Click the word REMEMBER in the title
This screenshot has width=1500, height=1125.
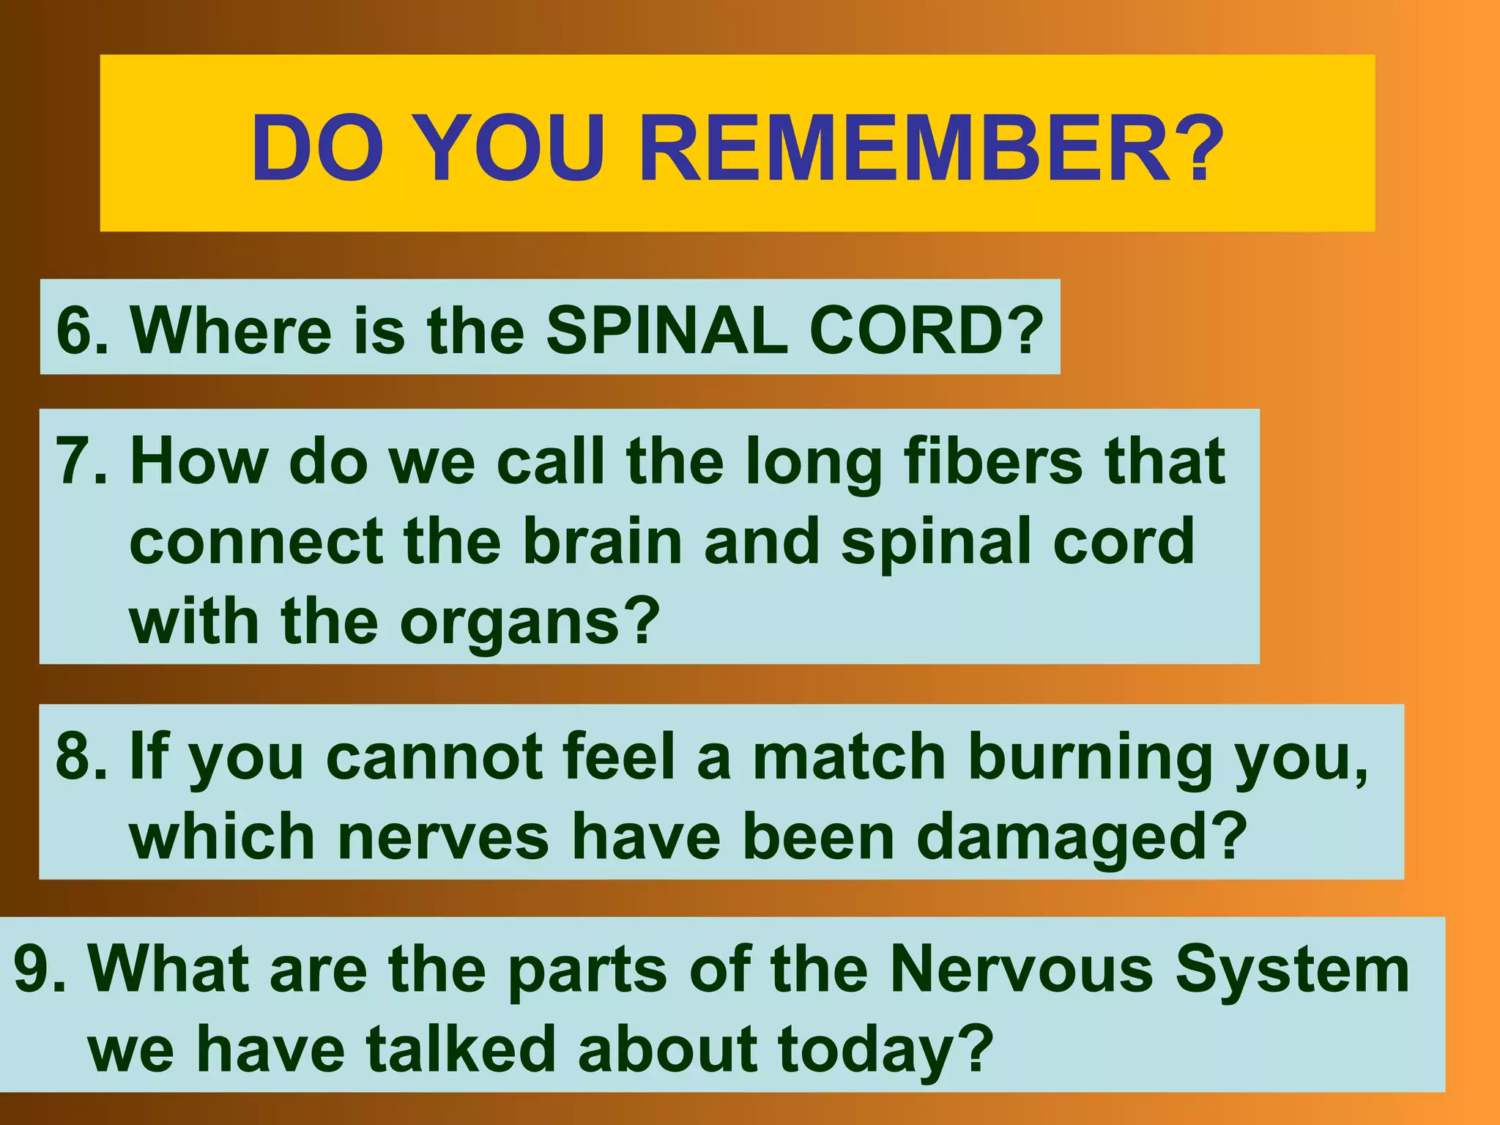click(930, 149)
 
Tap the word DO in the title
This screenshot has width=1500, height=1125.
click(317, 149)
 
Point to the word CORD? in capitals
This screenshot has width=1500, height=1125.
click(927, 330)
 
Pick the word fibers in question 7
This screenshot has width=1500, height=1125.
click(992, 461)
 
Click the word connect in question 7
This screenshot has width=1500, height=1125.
click(256, 542)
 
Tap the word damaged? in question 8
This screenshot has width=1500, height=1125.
click(1081, 837)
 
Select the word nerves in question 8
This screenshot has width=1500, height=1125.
click(443, 837)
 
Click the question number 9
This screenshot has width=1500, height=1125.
click(41, 969)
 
